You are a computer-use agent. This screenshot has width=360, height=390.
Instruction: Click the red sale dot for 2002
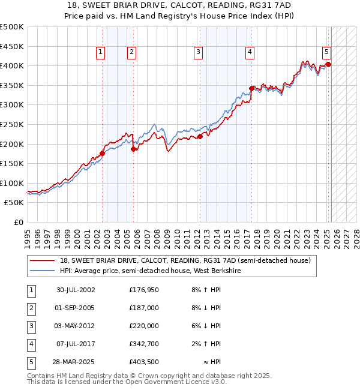(102, 153)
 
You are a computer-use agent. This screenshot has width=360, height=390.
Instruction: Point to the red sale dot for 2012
(200, 136)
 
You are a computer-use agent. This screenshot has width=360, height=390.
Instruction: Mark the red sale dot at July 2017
(251, 88)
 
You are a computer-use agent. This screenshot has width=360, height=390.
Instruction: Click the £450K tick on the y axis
(12, 46)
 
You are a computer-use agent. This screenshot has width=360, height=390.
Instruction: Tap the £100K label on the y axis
(12, 183)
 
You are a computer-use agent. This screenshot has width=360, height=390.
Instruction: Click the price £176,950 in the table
(144, 290)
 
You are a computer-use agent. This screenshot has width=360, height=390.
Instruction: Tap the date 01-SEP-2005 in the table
(76, 308)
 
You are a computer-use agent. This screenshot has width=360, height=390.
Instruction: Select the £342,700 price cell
(144, 344)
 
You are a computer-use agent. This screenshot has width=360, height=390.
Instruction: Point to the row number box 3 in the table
(31, 326)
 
